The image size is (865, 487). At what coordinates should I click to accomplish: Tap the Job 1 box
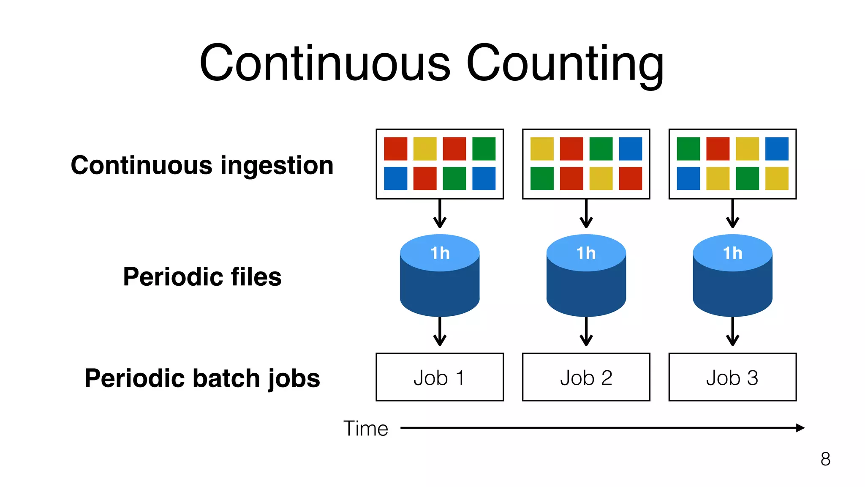pos(440,377)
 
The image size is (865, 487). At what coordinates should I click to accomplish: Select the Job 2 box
pos(586,377)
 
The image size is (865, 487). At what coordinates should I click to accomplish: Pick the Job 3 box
pos(732,377)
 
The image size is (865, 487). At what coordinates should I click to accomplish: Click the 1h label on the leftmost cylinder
pos(440,253)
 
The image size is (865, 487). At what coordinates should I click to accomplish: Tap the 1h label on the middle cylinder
pos(586,253)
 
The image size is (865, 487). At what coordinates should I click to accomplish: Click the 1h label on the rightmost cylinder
pos(732,253)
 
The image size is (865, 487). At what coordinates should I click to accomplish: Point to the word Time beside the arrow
pos(365,428)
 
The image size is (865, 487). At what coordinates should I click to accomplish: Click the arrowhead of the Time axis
pos(800,428)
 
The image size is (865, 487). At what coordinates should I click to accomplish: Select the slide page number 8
pos(825,459)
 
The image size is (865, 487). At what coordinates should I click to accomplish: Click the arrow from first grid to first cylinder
pos(440,214)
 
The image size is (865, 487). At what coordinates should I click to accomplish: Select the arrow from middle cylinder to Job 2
pos(586,332)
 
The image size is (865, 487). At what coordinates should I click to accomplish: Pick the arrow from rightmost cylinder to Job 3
pos(732,332)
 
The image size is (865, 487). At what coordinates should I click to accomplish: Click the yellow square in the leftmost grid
pos(425,149)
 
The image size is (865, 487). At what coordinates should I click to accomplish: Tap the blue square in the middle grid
pos(630,149)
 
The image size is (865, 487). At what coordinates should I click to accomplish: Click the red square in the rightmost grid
pos(718,149)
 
